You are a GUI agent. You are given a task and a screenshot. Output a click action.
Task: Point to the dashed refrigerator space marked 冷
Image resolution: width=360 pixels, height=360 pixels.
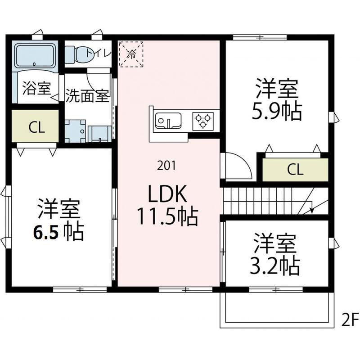coord(131,54)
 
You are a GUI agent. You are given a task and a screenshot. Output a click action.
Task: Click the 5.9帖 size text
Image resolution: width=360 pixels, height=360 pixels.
coord(277,112)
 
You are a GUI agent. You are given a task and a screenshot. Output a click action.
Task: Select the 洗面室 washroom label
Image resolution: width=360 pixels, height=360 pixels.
coord(88,96)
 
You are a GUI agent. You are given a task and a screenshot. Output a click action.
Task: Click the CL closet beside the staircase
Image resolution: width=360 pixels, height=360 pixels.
coord(295,169)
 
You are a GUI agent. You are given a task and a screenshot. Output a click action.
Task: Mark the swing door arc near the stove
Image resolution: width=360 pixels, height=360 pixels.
coord(238,166)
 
